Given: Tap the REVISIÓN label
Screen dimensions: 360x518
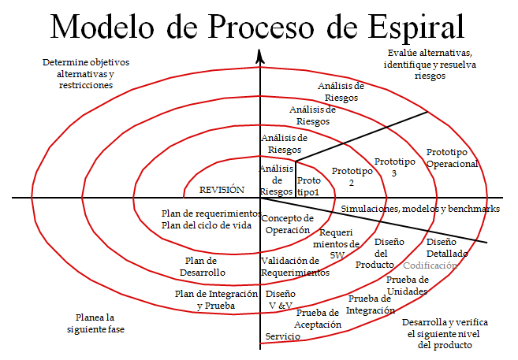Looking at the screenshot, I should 222,190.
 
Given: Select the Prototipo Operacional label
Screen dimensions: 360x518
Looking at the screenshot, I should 452,158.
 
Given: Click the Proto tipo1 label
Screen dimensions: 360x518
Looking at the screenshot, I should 308,187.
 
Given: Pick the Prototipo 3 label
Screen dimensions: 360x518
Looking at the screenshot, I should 394,167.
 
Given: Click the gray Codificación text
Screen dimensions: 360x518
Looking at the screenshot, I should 430,266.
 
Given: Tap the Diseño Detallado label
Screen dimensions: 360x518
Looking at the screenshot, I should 447,248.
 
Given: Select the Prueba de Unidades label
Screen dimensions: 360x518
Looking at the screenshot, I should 408,285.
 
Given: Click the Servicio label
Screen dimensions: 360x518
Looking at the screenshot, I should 281,336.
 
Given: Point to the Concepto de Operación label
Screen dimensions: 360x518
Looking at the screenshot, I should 287,224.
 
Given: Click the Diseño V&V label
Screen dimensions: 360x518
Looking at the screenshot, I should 281,299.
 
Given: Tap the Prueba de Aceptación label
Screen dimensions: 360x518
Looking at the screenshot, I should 319,318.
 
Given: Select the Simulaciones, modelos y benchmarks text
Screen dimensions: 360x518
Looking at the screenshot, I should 420,209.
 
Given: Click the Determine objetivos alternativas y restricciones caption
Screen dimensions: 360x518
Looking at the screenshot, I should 85,72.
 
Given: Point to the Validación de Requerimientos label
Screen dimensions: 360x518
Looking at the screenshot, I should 295,266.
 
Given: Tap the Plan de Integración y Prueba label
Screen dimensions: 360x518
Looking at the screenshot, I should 216,299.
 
